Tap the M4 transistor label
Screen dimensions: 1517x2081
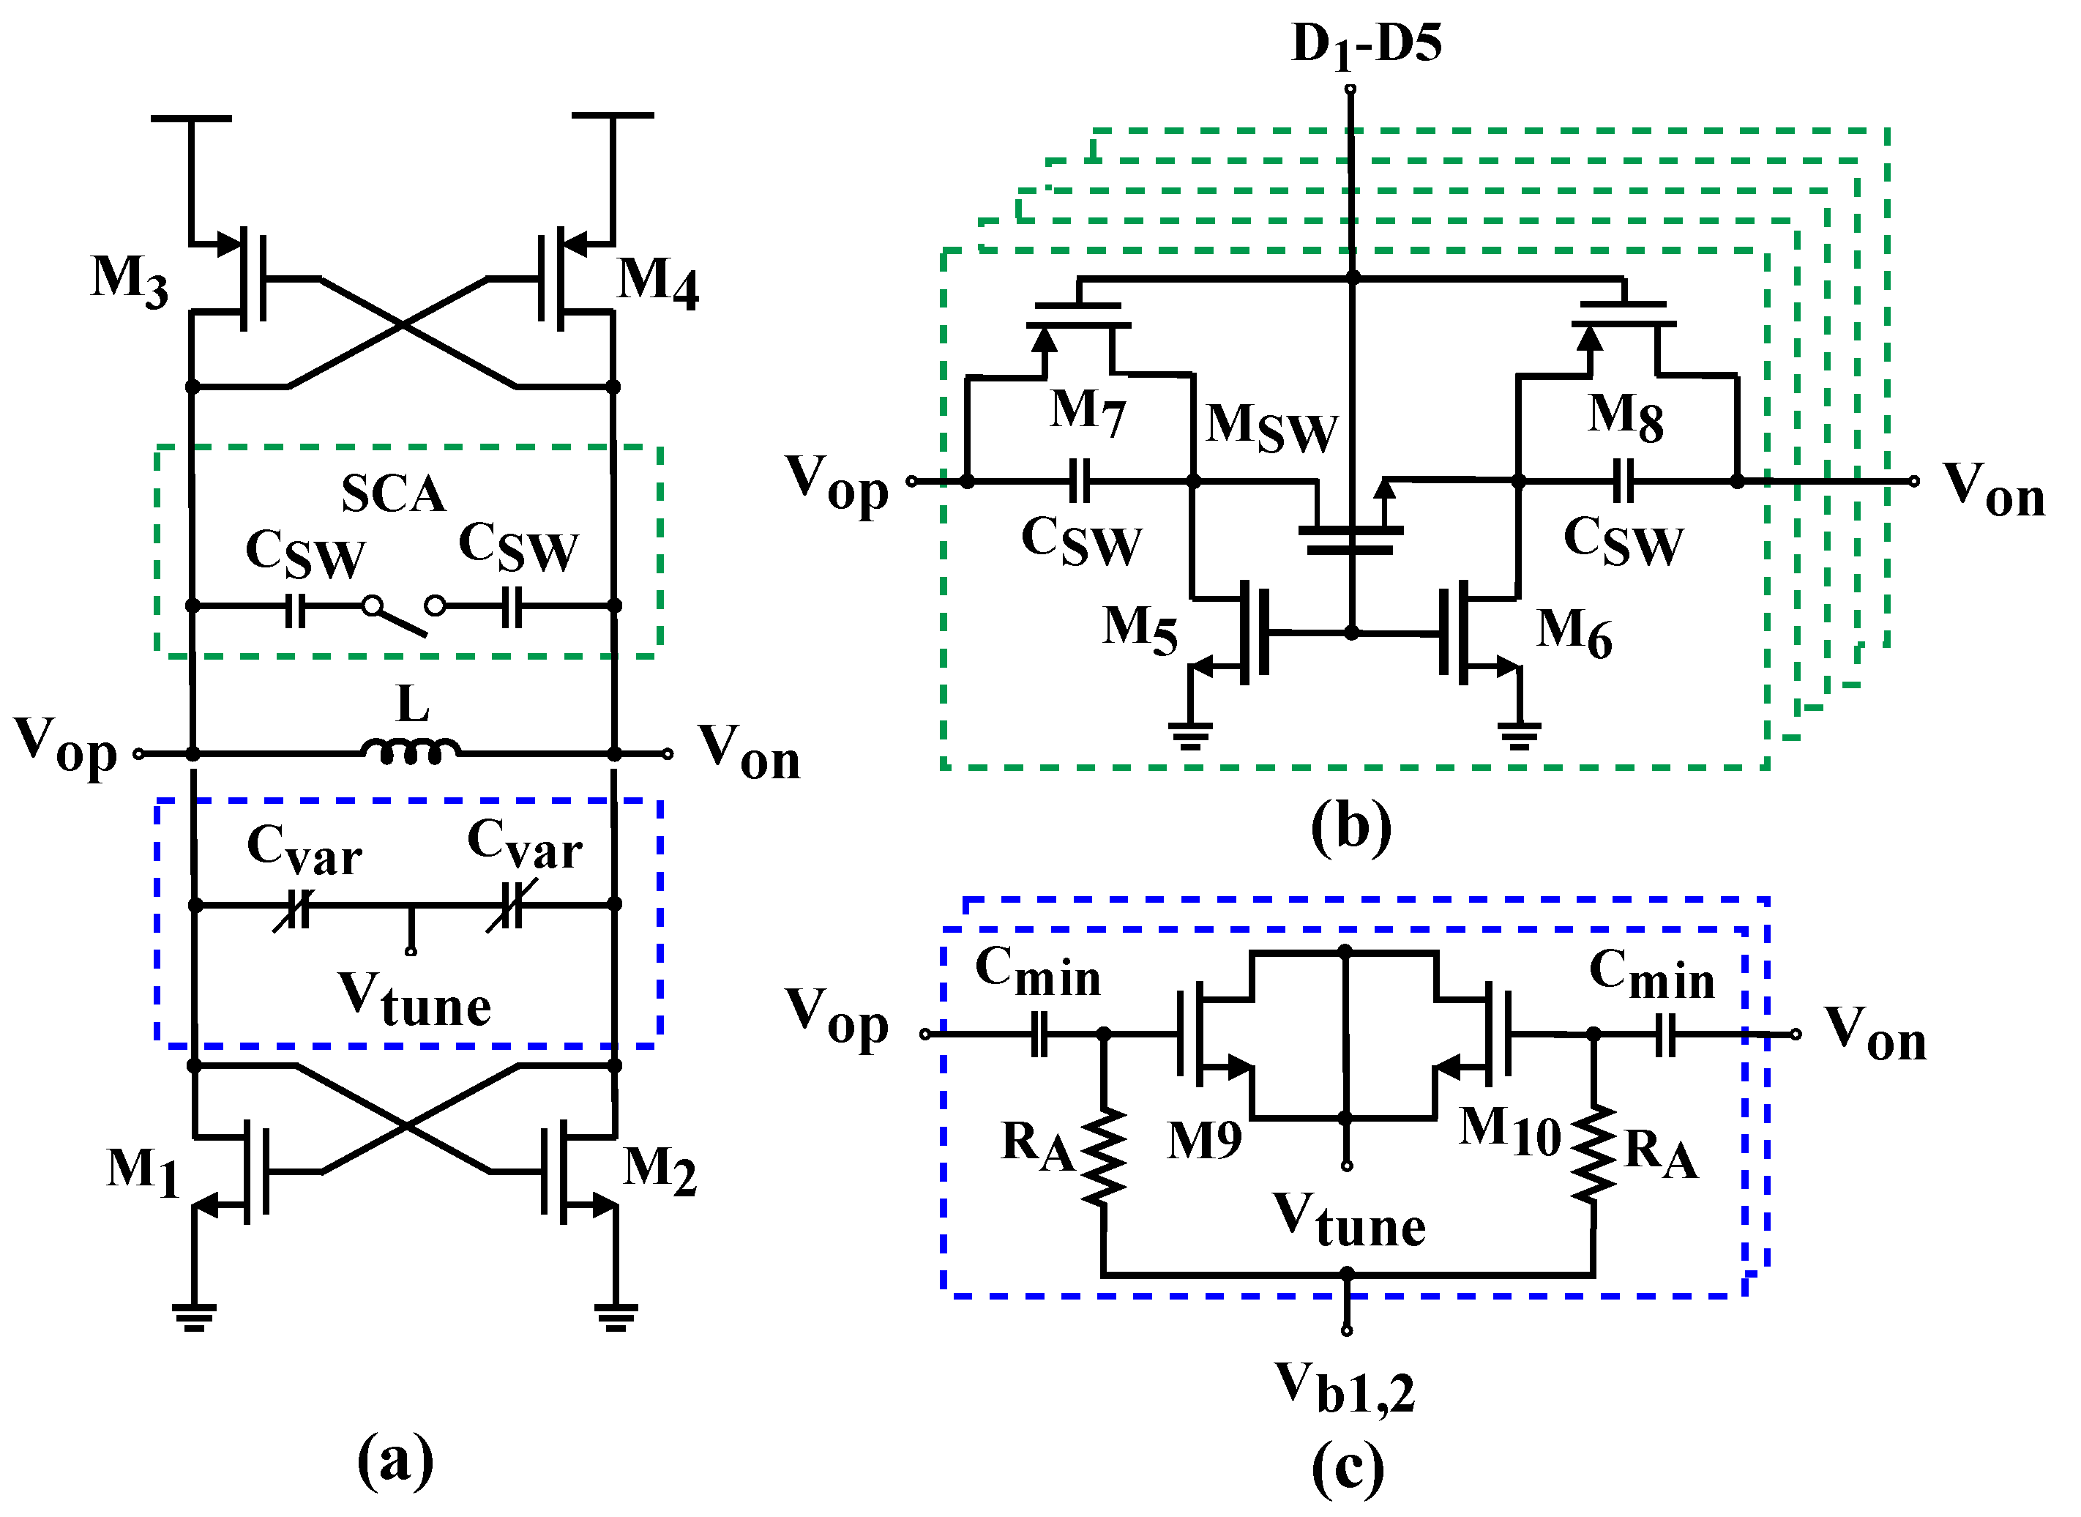coord(657,282)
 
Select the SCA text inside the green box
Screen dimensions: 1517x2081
coord(394,494)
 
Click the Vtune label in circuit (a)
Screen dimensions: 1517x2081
coord(415,1000)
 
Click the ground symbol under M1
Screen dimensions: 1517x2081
coord(194,1318)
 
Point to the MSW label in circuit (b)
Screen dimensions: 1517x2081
coord(1271,428)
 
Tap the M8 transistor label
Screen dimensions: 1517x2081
coord(1626,418)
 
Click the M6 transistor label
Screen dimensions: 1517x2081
coord(1574,633)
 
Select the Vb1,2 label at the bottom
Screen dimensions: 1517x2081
coord(1345,1387)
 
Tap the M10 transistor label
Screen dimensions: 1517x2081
coord(1511,1131)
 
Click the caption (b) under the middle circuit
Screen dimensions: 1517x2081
coord(1350,827)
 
